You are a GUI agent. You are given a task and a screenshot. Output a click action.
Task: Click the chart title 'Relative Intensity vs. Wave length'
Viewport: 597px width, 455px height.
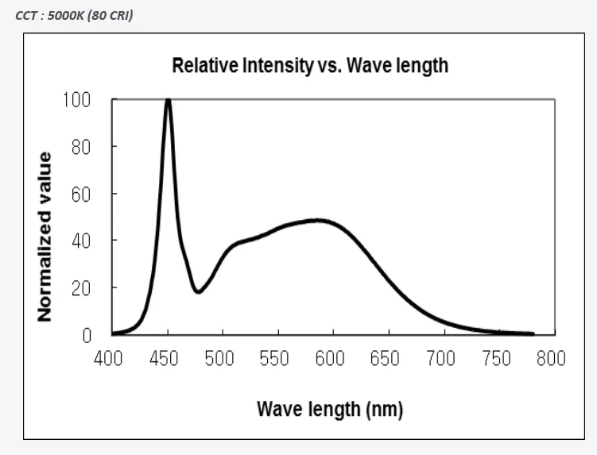click(310, 65)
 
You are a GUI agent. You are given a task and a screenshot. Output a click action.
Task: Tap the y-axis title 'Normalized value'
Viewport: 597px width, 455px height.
click(45, 237)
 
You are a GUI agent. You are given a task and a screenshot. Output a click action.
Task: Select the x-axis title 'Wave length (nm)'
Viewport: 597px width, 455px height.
click(330, 410)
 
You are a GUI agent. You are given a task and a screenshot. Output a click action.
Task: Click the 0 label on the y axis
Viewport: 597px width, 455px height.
click(87, 334)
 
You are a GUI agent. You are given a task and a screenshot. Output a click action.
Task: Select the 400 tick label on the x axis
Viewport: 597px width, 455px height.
click(109, 359)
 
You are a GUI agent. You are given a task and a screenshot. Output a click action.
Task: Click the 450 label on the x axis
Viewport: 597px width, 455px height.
click(164, 359)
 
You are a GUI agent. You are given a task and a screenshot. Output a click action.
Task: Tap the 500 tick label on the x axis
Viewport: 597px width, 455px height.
click(219, 359)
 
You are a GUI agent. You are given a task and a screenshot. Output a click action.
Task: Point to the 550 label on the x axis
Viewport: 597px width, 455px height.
click(274, 359)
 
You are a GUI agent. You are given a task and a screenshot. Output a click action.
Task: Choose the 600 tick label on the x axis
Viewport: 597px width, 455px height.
click(329, 359)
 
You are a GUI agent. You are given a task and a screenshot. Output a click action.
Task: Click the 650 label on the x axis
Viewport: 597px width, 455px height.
click(385, 359)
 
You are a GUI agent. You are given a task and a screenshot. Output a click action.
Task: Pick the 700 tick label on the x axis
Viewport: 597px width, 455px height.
click(440, 359)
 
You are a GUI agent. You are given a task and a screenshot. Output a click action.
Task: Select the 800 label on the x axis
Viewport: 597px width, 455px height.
click(550, 359)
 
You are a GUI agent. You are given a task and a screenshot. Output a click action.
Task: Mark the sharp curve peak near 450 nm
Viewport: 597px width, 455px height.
click(168, 101)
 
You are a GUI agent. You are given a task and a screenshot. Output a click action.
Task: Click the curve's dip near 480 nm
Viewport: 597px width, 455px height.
click(198, 291)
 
